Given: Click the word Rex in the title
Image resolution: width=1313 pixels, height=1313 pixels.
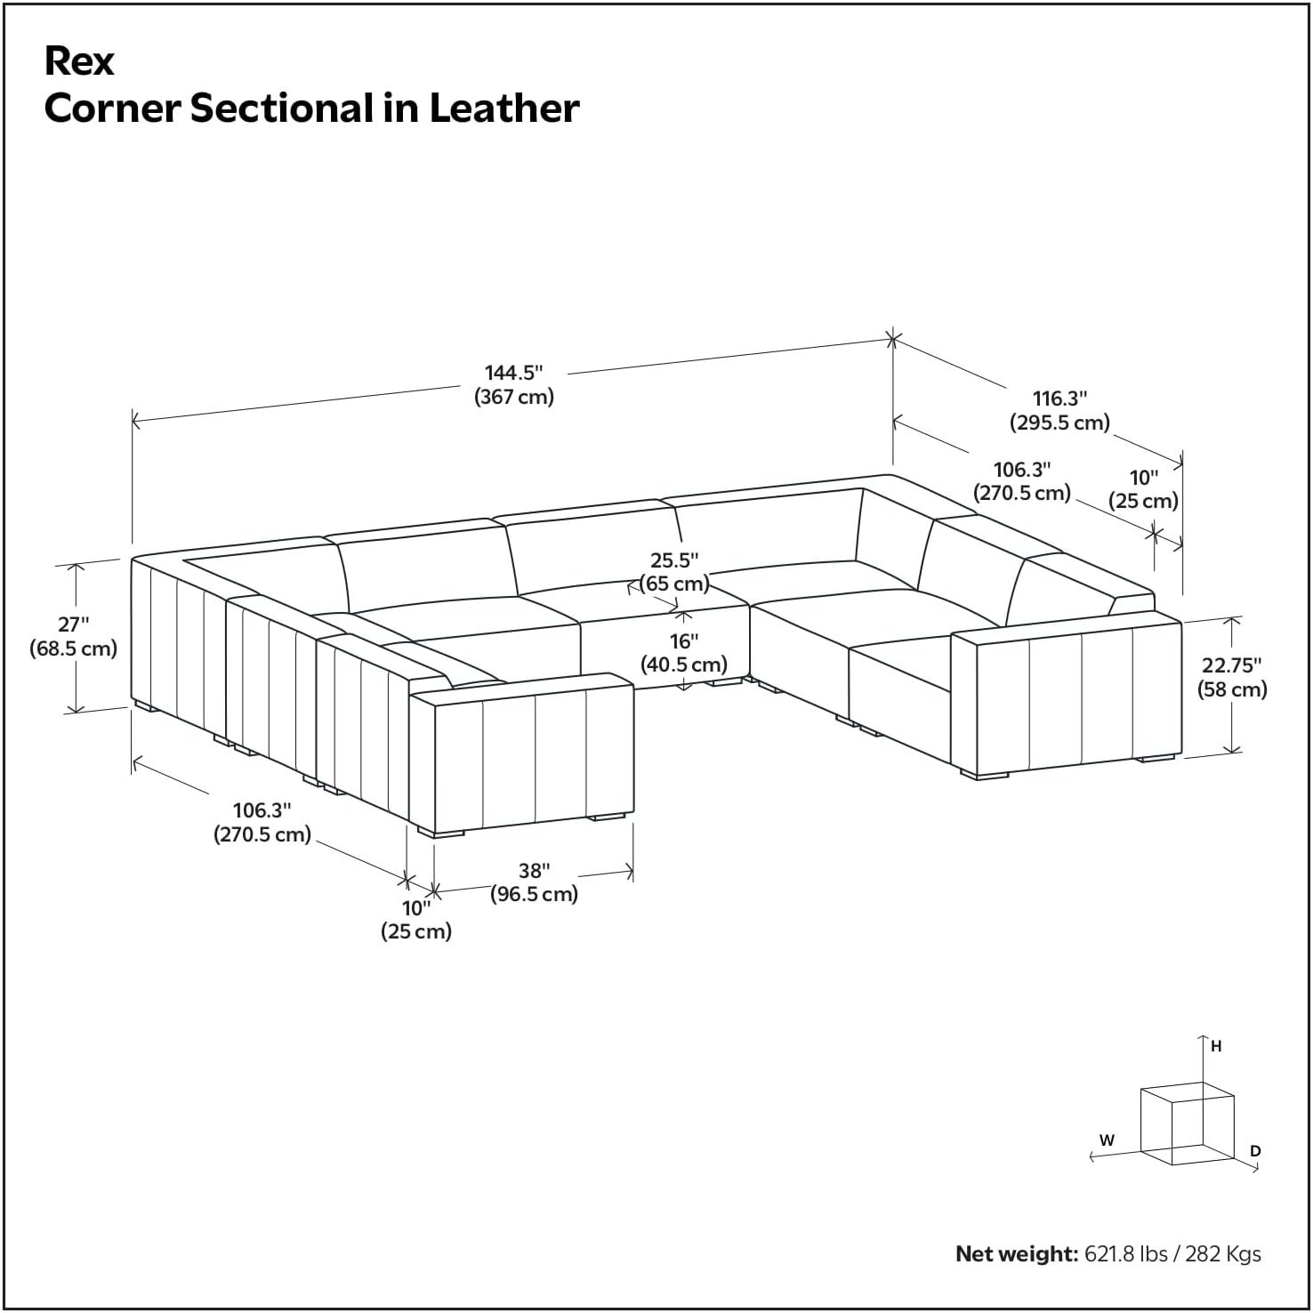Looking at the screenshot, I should click(79, 61).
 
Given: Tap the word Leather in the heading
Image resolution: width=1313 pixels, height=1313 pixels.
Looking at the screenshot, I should click(504, 109).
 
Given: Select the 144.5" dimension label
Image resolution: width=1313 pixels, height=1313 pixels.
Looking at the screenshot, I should click(513, 373).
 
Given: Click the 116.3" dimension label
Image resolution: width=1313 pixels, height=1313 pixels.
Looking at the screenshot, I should click(1059, 399).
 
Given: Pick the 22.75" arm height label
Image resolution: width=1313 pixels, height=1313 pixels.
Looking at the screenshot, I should click(1232, 665).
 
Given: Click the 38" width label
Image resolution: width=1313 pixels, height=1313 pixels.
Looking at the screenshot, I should click(535, 870).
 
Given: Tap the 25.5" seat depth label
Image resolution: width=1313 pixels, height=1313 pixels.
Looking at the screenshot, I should click(674, 560).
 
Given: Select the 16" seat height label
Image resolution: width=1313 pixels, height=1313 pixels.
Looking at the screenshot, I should click(684, 641).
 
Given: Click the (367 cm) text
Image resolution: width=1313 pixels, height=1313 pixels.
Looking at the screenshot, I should click(514, 397).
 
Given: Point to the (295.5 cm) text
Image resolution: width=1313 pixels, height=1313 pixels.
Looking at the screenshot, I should click(1059, 422).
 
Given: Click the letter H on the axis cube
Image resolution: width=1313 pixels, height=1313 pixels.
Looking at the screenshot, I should click(1216, 1047).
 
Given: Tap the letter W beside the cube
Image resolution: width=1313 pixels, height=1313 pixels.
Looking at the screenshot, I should click(1107, 1140).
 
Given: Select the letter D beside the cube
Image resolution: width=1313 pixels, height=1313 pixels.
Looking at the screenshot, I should click(1255, 1151).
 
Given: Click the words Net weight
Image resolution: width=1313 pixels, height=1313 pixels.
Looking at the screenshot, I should click(1017, 1254).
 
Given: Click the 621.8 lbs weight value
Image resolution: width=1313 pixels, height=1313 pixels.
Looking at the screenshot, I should click(1125, 1254).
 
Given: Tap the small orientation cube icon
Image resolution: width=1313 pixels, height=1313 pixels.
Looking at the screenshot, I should click(1187, 1123).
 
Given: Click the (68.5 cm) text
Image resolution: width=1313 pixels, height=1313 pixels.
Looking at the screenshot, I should click(73, 648).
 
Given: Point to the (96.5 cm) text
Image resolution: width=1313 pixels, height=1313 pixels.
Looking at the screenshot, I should click(535, 894).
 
